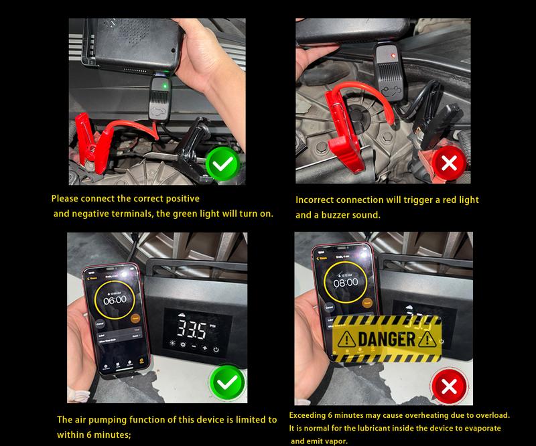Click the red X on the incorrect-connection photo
tap(450, 163)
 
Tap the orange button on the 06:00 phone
tap(135, 319)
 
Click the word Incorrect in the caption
tap(318, 200)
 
